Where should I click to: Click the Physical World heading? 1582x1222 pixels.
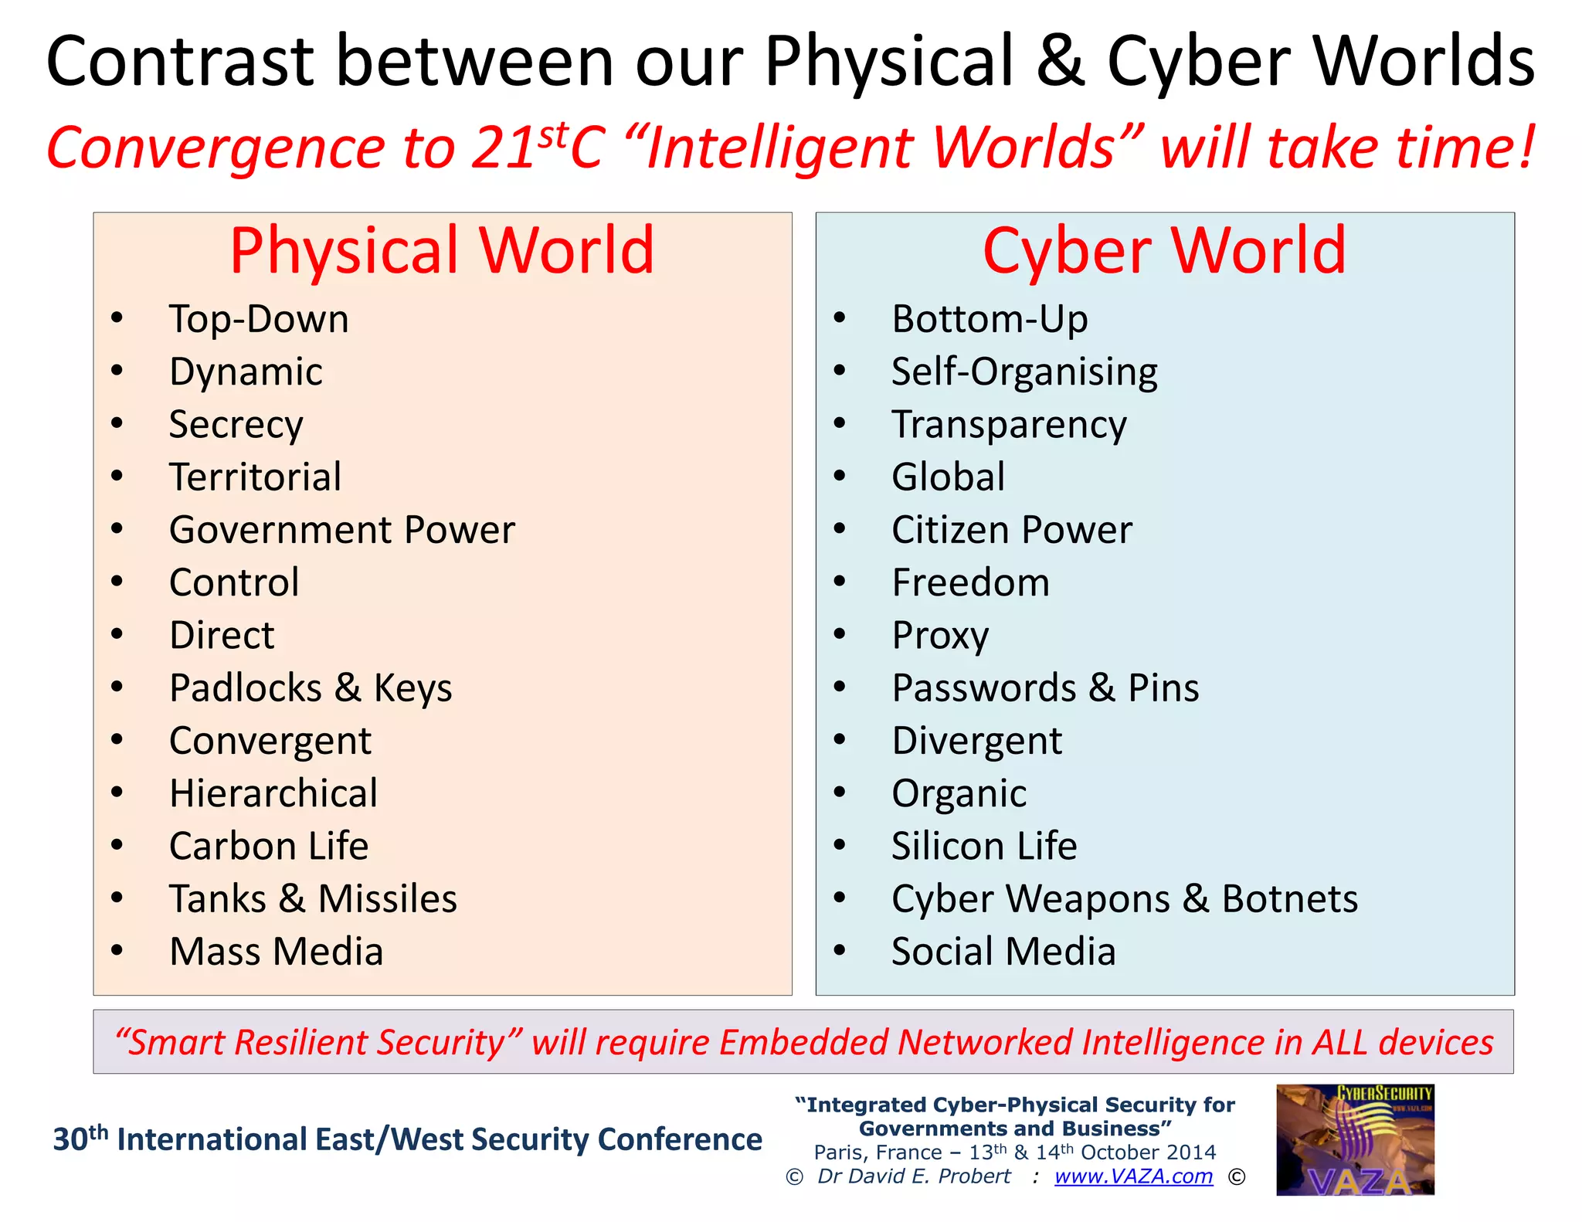pos(442,250)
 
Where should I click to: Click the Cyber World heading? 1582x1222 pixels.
pos(1164,250)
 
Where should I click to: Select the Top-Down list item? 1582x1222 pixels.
pos(259,319)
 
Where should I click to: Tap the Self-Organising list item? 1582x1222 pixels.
pos(1024,372)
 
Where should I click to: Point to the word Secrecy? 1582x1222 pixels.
pos(236,424)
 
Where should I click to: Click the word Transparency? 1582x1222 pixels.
pos(1009,424)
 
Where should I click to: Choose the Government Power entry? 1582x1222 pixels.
pos(341,530)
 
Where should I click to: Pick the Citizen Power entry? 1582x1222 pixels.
pos(1011,530)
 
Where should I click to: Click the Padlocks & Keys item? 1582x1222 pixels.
pos(311,687)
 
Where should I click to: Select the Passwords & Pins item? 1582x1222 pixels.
pos(1045,687)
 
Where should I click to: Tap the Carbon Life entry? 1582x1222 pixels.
pos(269,846)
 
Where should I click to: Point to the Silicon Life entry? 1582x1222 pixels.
pos(984,846)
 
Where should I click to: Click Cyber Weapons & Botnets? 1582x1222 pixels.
pos(1124,898)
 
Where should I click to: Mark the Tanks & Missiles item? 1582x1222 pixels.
pos(313,898)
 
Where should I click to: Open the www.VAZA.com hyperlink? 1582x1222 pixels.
pos(1133,1176)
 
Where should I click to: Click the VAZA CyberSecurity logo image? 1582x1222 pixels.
pos(1355,1139)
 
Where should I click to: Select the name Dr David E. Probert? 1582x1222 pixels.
pos(914,1176)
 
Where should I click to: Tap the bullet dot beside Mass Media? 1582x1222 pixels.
pos(117,950)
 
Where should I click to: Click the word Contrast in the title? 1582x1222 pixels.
pos(179,62)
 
